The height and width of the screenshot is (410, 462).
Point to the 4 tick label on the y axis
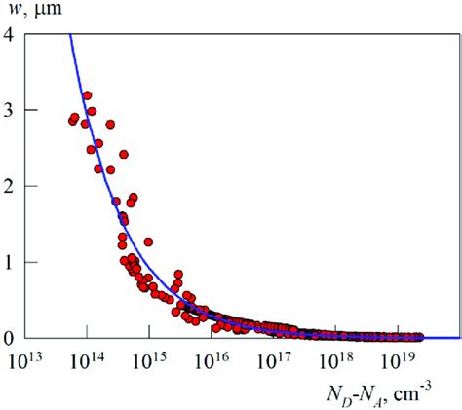[x=9, y=35]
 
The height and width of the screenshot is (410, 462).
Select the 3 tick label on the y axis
[x=9, y=111]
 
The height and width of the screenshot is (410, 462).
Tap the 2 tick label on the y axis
[x=9, y=186]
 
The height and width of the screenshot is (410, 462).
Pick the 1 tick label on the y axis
[x=9, y=262]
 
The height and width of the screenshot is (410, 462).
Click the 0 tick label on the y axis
[x=9, y=338]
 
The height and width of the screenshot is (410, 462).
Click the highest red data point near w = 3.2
[x=87, y=96]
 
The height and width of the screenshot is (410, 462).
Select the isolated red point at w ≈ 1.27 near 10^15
[x=148, y=242]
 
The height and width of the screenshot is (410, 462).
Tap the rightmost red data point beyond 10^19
[x=419, y=337]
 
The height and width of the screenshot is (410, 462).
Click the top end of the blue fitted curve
[x=69, y=36]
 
